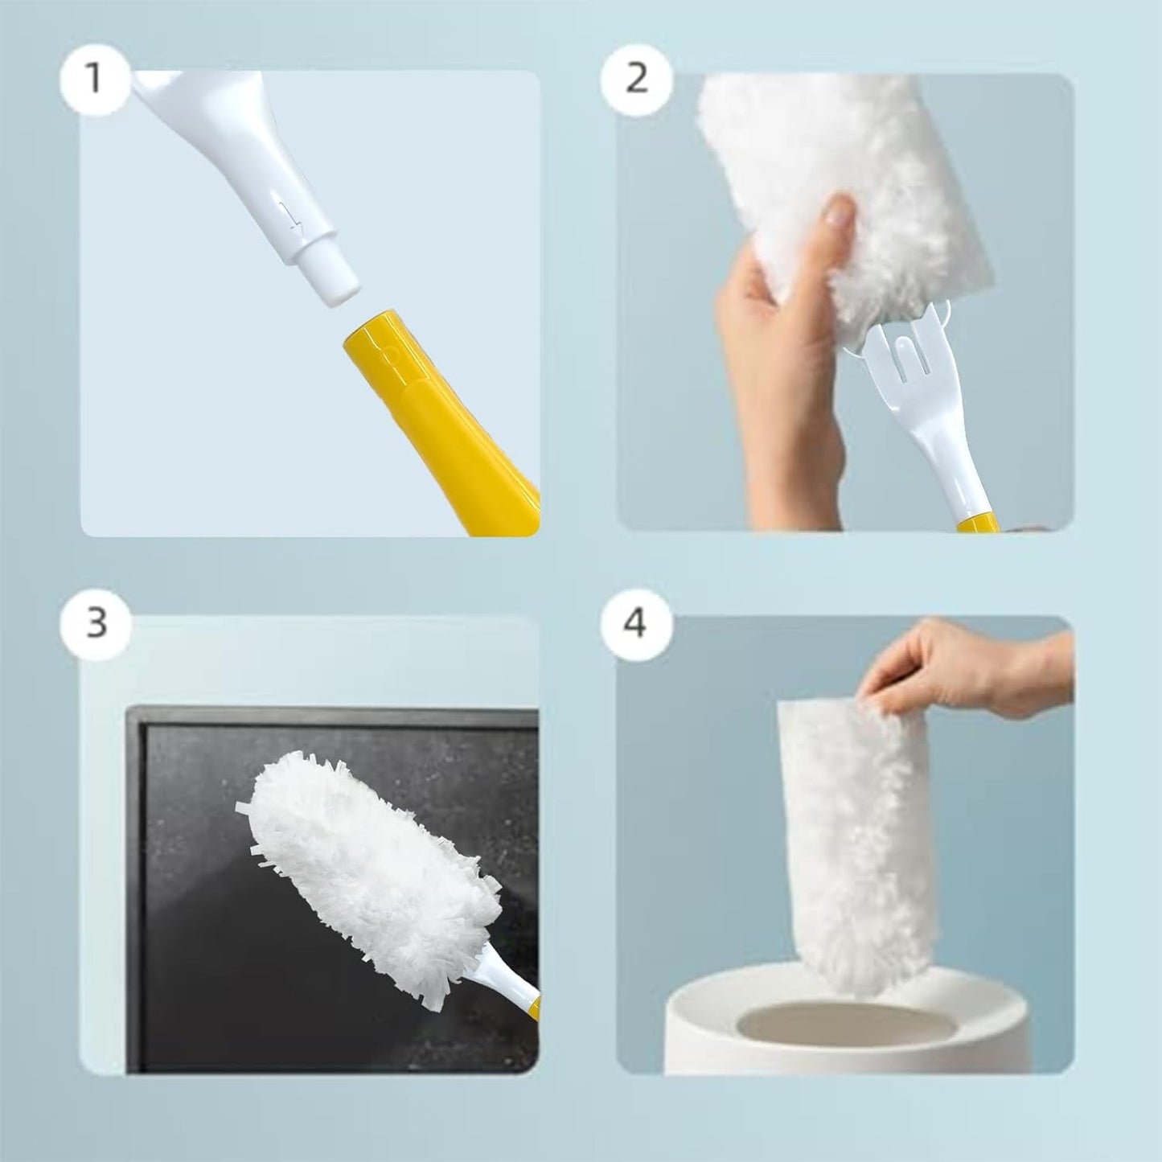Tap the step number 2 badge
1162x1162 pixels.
coord(635,78)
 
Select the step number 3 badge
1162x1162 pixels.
coord(96,622)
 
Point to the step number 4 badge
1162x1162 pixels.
coord(635,622)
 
